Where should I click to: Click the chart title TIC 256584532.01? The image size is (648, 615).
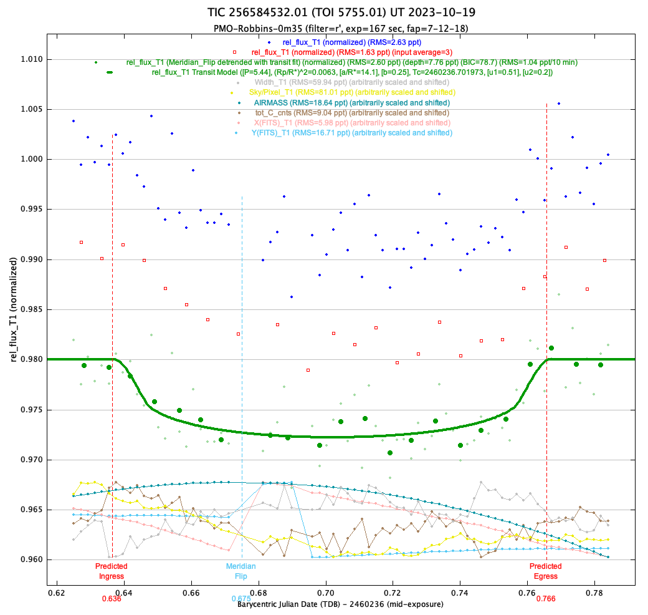[x=345, y=12]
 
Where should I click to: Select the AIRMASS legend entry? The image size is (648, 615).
[x=351, y=102]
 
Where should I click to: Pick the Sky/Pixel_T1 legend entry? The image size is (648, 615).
[x=351, y=92]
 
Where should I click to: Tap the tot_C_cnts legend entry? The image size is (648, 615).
[x=351, y=113]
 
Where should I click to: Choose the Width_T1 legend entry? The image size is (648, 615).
[x=351, y=82]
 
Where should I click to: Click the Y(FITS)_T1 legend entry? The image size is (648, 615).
[x=351, y=133]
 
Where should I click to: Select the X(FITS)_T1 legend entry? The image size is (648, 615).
[x=351, y=123]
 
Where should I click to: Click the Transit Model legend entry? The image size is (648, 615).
[x=352, y=72]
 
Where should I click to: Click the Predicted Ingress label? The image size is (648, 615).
[x=111, y=571]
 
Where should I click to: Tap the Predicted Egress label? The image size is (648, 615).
[x=545, y=571]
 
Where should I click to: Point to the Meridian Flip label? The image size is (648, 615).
[x=241, y=571]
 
